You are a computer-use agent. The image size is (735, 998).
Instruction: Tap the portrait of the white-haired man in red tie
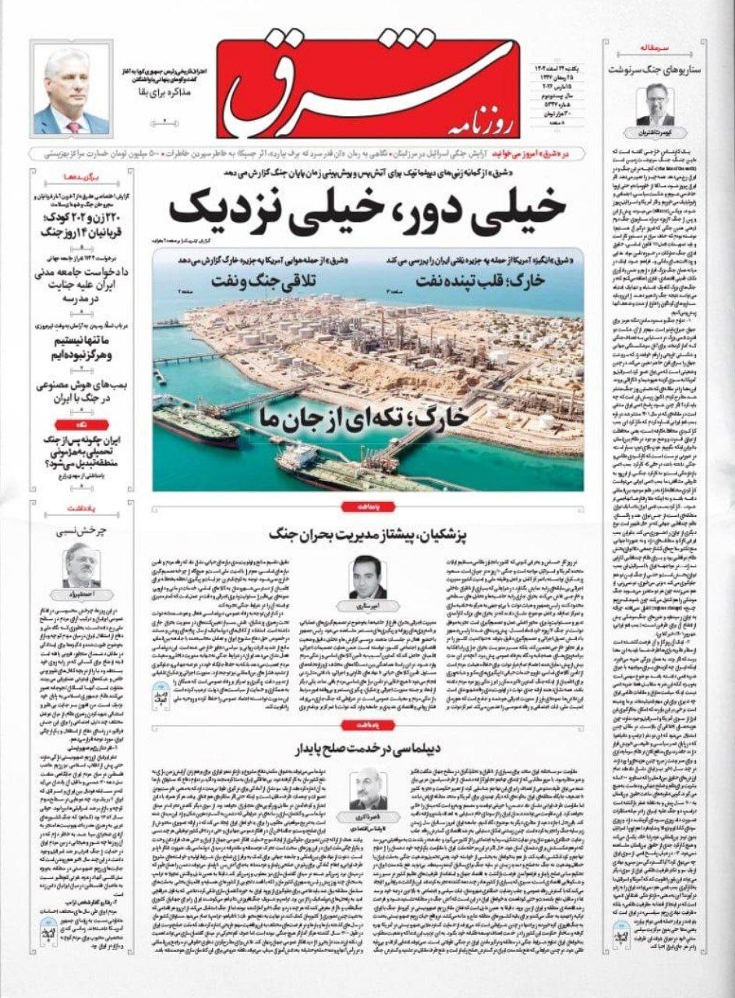(71, 91)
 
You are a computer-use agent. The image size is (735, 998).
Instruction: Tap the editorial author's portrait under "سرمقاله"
(654, 104)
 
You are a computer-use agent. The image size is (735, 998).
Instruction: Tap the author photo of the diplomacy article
(368, 789)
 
